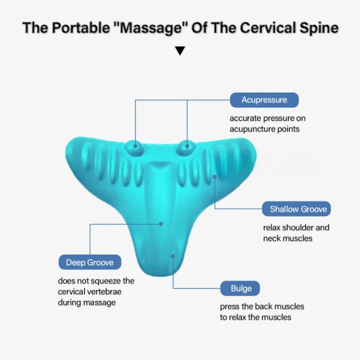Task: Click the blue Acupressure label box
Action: pyautogui.click(x=264, y=100)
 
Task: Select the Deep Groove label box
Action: pyautogui.click(x=90, y=263)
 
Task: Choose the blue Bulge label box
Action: pyautogui.click(x=240, y=288)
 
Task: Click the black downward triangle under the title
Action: pyautogui.click(x=180, y=51)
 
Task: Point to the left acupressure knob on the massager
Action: pyautogui.click(x=136, y=146)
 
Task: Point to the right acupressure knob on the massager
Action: pyautogui.click(x=186, y=146)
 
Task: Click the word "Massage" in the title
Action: pyautogui.click(x=150, y=27)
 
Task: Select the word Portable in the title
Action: pyautogui.click(x=78, y=27)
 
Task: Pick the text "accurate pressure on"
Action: pyautogui.click(x=267, y=118)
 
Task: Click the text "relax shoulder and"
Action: pyautogui.click(x=296, y=228)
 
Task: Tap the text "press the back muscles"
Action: pyautogui.click(x=262, y=306)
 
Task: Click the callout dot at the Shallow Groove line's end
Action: pyautogui.click(x=215, y=176)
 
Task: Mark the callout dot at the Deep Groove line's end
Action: pyautogui.click(x=161, y=223)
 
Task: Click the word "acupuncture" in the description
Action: pyautogui.click(x=251, y=129)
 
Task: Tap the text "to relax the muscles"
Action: pyautogui.click(x=255, y=317)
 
